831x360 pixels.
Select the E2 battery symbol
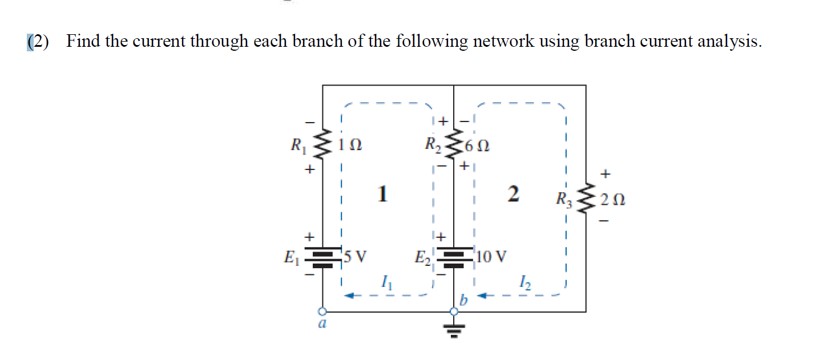(x=454, y=257)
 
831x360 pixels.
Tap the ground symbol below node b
(x=454, y=329)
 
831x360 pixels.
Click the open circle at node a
(x=323, y=312)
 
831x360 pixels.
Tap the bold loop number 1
(x=382, y=195)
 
